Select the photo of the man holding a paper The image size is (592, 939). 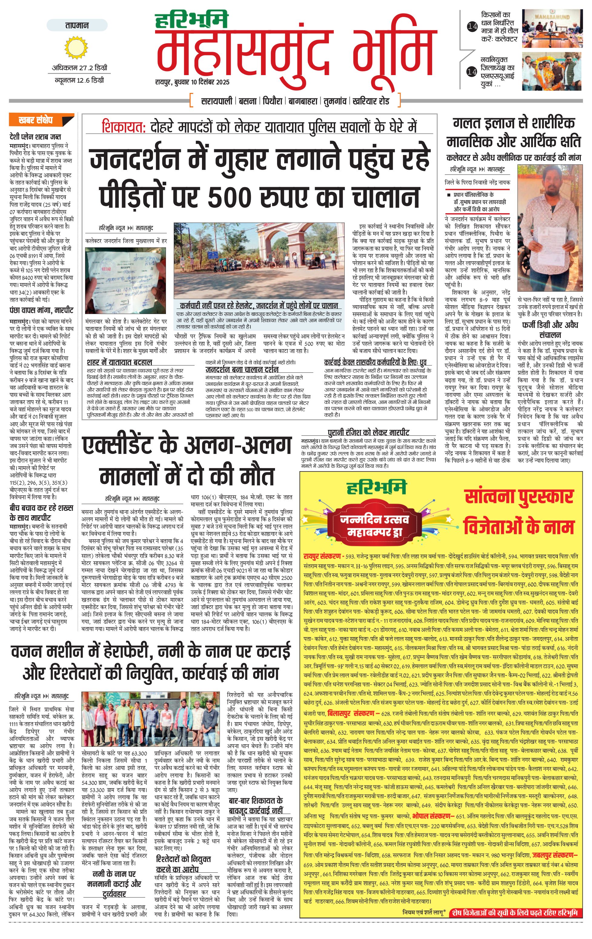click(550, 228)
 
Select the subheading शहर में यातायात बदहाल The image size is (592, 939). click(119, 362)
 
